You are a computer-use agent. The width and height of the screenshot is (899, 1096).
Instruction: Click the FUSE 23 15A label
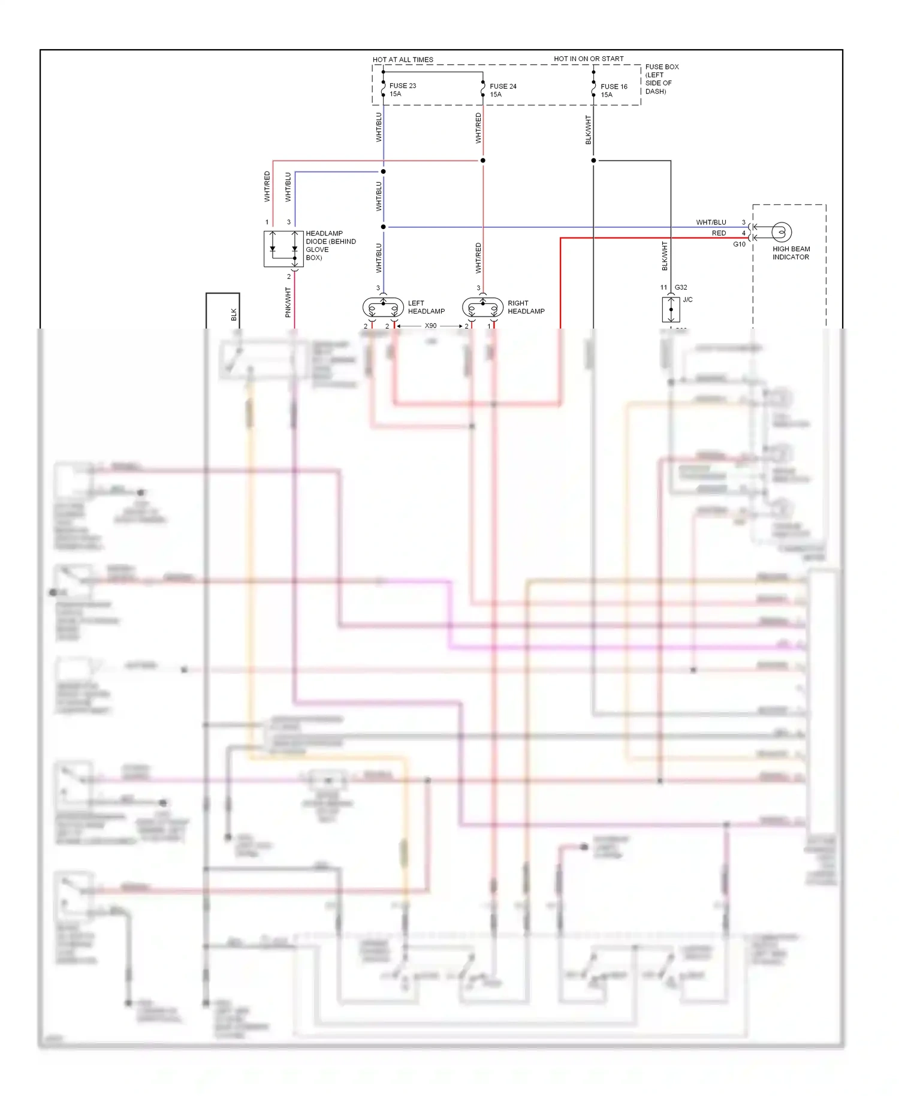coord(402,90)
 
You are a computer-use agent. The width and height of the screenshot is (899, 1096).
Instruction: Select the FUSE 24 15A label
coord(502,91)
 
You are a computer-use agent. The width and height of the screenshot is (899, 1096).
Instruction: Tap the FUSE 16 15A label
coord(613,91)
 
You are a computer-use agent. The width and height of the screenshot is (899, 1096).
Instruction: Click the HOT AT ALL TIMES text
coord(403,59)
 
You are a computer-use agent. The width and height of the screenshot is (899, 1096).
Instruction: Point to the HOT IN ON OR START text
coord(589,59)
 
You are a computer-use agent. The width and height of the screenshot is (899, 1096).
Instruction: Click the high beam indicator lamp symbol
coord(780,232)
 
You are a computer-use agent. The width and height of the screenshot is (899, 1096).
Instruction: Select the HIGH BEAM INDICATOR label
coord(791,253)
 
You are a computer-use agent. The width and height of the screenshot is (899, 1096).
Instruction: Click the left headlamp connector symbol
coord(383,308)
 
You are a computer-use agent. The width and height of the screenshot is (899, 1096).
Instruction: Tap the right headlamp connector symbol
coord(482,308)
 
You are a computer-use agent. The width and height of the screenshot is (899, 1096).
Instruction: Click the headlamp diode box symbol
coord(283,248)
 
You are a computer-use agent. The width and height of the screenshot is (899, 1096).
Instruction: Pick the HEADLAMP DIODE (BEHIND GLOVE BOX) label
coord(330,245)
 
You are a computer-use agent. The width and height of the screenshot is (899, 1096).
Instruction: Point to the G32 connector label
coord(681,287)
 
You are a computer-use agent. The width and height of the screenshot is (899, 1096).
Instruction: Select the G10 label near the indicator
coord(739,244)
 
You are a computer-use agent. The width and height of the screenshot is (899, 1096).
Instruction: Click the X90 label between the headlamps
coord(430,326)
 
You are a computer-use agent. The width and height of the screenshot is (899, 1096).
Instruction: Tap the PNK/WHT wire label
coord(288,302)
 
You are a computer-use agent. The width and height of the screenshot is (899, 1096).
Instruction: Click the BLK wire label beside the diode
coord(234,314)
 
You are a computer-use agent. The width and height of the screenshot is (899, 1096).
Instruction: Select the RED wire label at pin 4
coord(719,233)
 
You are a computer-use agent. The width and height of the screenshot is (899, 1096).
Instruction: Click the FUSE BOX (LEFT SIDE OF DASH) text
coord(661,79)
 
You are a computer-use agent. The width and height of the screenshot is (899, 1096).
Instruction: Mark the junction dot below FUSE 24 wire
coord(482,161)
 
